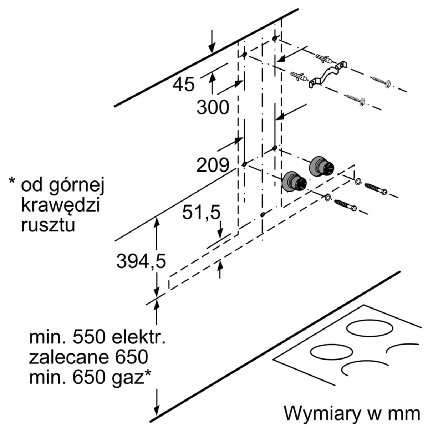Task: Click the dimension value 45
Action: point(183,85)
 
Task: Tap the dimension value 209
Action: point(213,165)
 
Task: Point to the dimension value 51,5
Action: point(201,213)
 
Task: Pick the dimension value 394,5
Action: point(141,262)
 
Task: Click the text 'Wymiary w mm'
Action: point(352,413)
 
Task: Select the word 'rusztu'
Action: point(48,225)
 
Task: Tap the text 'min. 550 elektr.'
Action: point(97,337)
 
